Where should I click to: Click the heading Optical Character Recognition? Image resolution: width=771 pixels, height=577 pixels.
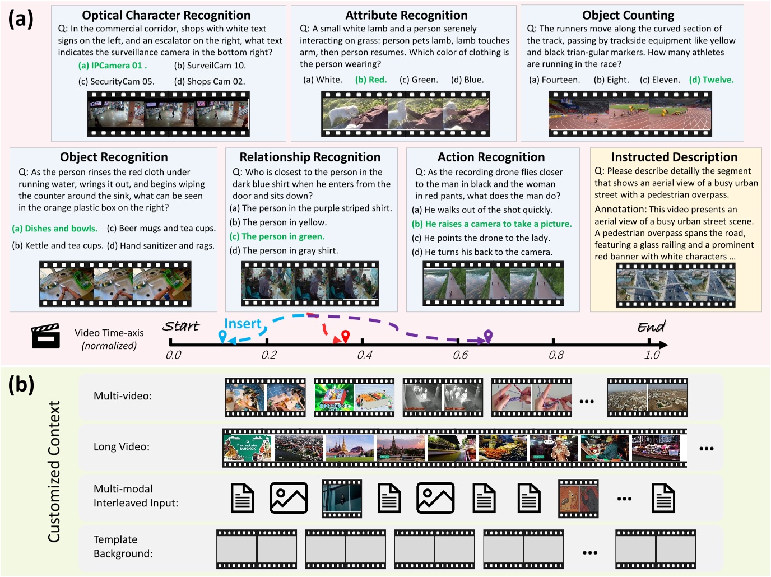(x=166, y=15)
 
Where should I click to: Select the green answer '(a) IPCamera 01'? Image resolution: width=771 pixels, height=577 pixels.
(x=112, y=66)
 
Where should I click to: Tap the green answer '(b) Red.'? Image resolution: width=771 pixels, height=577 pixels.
(x=371, y=80)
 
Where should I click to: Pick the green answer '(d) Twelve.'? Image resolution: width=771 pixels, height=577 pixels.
(x=711, y=80)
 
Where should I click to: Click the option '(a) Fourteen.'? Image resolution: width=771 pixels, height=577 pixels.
(x=554, y=80)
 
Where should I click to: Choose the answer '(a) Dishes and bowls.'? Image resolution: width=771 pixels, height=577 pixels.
(x=54, y=229)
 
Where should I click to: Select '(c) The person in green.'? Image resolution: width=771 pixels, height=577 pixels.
(x=277, y=236)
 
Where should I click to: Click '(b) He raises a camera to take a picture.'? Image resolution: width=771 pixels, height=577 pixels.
(x=491, y=224)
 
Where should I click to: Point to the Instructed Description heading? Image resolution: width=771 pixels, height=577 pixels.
(x=674, y=157)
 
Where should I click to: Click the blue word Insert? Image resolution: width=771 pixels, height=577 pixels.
(x=243, y=324)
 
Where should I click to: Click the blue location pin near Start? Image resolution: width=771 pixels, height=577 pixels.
(x=222, y=336)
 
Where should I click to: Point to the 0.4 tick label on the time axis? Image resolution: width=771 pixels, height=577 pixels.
(x=365, y=355)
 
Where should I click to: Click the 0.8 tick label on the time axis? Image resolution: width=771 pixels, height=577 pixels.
(x=556, y=355)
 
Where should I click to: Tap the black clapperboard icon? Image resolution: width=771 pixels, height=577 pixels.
(x=45, y=336)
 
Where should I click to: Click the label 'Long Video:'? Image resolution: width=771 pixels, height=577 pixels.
(x=122, y=447)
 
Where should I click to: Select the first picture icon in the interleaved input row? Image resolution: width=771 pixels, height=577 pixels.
(x=289, y=497)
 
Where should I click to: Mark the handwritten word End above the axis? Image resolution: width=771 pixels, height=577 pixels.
(x=651, y=327)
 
